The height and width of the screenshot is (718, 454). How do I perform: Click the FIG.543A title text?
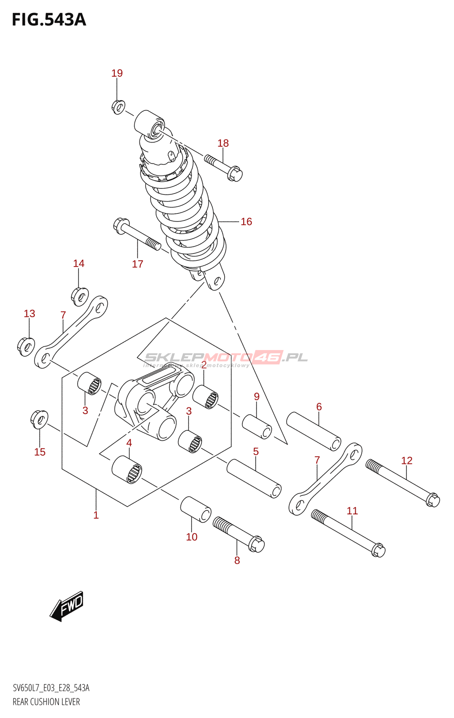tap(48, 20)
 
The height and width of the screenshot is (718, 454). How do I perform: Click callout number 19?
tap(117, 73)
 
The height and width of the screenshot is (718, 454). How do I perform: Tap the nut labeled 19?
tap(118, 107)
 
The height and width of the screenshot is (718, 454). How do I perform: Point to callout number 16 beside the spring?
tap(246, 222)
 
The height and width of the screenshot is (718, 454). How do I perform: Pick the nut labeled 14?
tap(80, 296)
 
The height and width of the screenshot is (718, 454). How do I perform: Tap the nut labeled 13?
tap(27, 346)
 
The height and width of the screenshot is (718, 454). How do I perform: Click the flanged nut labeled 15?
tap(39, 419)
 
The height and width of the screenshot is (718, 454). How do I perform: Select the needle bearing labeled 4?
tap(127, 470)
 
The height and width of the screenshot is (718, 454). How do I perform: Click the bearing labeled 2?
tap(205, 397)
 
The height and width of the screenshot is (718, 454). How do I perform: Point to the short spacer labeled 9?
tap(257, 426)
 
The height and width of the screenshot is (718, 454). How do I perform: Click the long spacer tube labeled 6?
tap(314, 431)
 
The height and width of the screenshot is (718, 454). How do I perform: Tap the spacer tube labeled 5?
tap(254, 478)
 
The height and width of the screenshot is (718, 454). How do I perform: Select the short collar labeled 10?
tap(196, 509)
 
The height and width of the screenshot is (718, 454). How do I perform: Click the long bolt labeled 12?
tap(403, 483)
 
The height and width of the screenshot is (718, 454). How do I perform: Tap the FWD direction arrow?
tap(67, 606)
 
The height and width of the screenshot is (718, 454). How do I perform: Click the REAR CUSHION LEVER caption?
tap(46, 702)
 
